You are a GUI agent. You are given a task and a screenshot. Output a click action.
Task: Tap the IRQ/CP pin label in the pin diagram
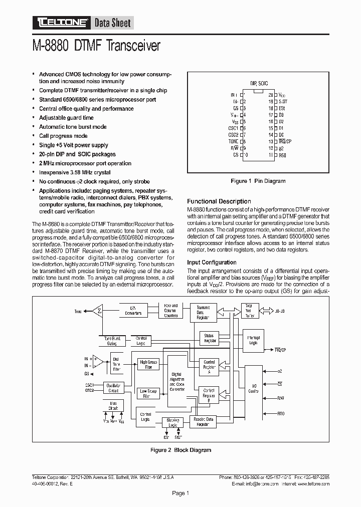point(285,141)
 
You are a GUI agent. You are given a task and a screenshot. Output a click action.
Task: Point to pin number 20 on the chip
point(271,94)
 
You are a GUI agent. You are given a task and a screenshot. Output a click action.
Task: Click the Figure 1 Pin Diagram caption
point(258,181)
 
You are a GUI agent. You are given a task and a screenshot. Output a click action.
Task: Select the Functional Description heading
point(219,201)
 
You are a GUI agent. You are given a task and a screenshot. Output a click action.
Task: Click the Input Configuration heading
point(212,262)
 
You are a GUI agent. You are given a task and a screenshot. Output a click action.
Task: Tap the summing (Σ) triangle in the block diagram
point(98,311)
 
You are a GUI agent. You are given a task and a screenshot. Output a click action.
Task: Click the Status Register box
point(209,338)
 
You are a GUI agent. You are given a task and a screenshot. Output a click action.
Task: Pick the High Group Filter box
point(148,364)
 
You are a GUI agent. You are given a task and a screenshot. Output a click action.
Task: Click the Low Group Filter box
point(148,393)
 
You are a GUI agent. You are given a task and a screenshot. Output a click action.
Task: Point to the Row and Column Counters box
point(170,310)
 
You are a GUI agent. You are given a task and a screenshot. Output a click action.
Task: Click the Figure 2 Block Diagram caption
point(181,450)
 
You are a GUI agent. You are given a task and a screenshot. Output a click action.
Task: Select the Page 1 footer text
point(180,493)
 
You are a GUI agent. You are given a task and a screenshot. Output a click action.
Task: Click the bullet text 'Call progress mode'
point(63,136)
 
